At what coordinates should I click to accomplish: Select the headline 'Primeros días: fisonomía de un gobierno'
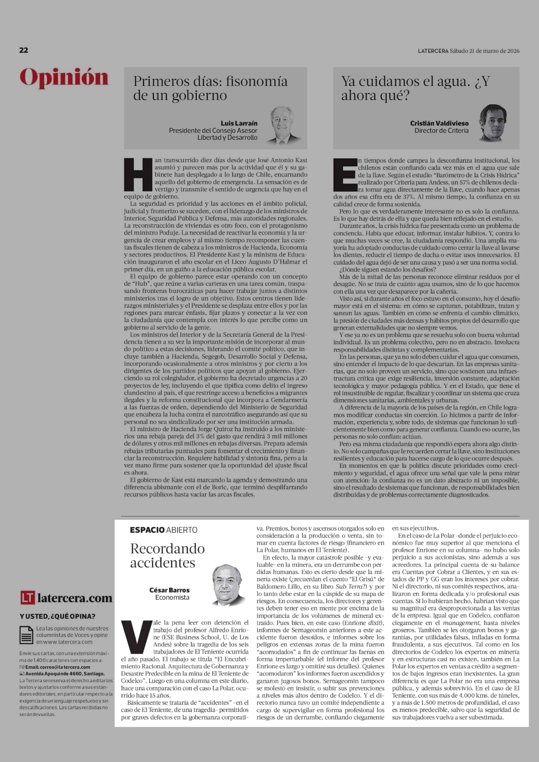pos(210,88)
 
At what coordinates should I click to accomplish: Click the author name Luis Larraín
pos(239,123)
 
